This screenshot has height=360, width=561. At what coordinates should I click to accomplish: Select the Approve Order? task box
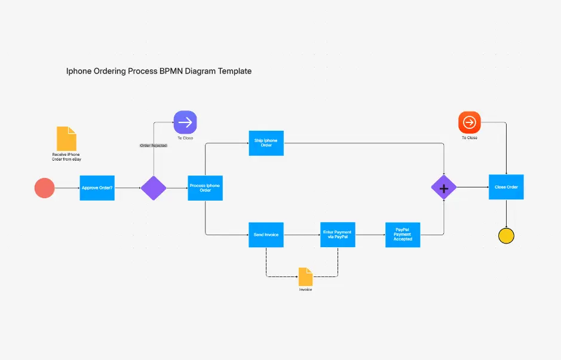click(x=97, y=188)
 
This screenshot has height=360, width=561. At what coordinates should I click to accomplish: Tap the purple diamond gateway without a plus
click(x=154, y=188)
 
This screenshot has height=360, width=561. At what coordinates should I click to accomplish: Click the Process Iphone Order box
click(x=205, y=188)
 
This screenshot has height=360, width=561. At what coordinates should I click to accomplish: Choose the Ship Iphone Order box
click(x=266, y=143)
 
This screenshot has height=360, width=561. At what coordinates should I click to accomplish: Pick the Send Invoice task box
click(x=266, y=235)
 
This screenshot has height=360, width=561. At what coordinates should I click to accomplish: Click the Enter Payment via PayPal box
click(x=338, y=235)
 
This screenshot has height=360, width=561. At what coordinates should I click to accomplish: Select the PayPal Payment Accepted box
click(x=403, y=235)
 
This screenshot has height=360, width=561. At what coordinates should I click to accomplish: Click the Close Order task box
click(x=506, y=187)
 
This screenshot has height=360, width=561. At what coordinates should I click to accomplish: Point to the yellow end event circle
click(x=506, y=236)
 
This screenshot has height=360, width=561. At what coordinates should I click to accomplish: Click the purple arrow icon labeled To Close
click(x=185, y=122)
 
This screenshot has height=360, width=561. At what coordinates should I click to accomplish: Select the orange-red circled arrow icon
click(x=470, y=122)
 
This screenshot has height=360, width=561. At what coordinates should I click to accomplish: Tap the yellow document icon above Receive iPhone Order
click(x=66, y=139)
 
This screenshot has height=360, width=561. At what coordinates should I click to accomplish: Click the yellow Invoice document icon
click(x=305, y=276)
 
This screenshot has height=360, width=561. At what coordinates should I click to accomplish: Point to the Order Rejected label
click(x=154, y=145)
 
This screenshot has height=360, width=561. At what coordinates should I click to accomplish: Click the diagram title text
click(x=158, y=71)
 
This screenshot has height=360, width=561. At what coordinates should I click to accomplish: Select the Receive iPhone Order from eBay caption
click(x=66, y=157)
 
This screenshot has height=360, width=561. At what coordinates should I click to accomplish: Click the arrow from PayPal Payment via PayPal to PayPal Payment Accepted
click(x=370, y=235)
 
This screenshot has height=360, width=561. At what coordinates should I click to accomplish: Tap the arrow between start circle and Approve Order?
click(x=67, y=188)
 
